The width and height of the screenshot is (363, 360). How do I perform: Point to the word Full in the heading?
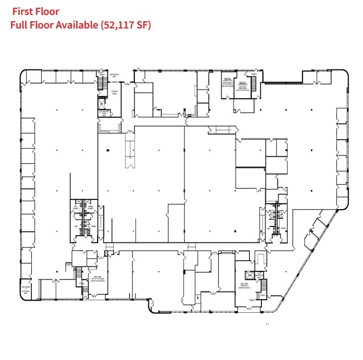coord(19,25)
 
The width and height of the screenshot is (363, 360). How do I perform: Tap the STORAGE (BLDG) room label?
coord(115,92)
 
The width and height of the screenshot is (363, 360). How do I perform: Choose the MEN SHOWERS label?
coord(76,207)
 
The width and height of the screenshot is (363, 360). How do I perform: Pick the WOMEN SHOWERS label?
coord(90,207)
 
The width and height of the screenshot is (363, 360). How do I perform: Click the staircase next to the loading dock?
coord(102,84)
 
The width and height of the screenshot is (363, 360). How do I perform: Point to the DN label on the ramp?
coord(130,158)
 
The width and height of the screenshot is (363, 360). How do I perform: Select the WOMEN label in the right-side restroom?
coord(283,228)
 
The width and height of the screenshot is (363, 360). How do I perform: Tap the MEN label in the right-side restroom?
coord(269,228)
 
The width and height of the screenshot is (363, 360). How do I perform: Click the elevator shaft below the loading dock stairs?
coord(102,103)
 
